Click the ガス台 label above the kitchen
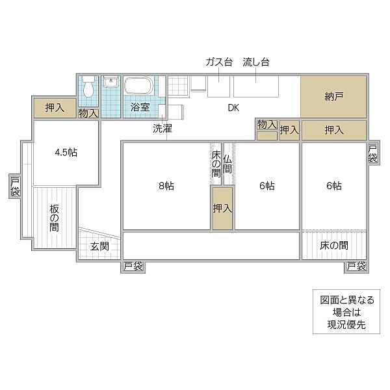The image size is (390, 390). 219,62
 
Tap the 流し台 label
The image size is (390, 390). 256,62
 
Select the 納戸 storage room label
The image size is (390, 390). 333,97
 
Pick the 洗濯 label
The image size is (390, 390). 162,129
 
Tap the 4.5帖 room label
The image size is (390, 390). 66,153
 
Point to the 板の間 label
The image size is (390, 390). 54,219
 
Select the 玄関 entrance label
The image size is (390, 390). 99,246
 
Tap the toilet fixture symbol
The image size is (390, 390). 88,91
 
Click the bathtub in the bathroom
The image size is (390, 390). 138,86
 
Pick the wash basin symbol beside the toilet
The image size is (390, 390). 110,83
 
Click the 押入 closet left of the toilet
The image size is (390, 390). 55,109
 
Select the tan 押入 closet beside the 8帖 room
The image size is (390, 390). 222,209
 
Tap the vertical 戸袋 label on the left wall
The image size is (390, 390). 15,187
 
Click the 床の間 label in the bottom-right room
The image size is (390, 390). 333,246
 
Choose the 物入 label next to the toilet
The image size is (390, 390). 88,114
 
